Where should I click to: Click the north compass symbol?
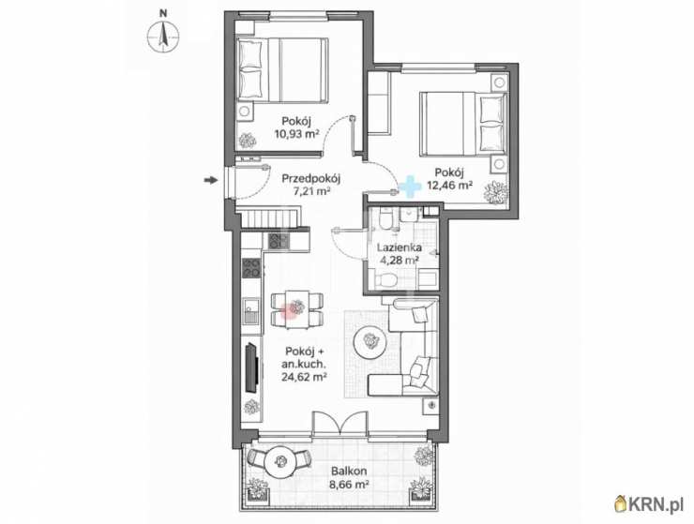point(163,37)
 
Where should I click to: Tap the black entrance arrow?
point(211,180)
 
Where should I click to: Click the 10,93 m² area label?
point(297,134)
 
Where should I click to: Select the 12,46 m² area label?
point(449,185)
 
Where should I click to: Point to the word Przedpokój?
point(310,179)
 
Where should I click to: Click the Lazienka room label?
point(399,247)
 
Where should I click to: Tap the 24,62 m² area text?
point(304,377)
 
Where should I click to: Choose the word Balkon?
point(349,472)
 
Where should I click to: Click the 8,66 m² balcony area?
point(349,485)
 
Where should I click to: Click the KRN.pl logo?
point(650,503)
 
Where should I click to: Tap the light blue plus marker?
point(410,187)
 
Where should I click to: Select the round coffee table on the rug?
point(370,341)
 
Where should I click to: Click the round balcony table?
point(280,461)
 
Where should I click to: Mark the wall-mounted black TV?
point(252,367)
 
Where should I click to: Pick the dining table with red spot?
point(297,309)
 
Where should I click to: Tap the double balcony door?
point(339,422)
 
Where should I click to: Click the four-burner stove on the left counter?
point(251,268)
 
